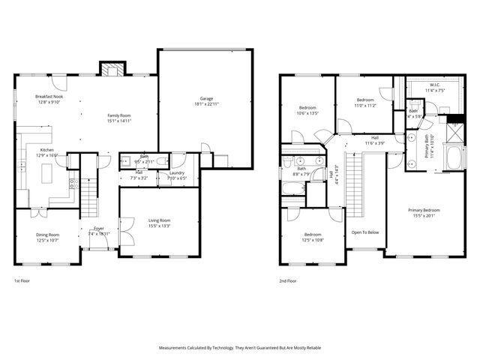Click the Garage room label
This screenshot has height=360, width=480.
(205, 99)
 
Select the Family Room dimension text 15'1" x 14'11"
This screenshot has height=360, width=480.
(119, 121)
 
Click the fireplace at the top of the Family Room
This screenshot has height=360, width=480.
(112, 70)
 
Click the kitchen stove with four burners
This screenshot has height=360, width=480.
(73, 183)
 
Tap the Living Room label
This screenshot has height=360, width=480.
(162, 221)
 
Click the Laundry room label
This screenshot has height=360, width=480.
(178, 153)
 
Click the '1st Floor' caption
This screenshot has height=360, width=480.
(22, 281)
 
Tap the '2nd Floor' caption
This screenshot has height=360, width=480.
(288, 281)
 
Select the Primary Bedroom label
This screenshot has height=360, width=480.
(424, 210)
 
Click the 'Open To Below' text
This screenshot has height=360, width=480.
(365, 232)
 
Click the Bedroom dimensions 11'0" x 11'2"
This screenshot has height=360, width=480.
(365, 106)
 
